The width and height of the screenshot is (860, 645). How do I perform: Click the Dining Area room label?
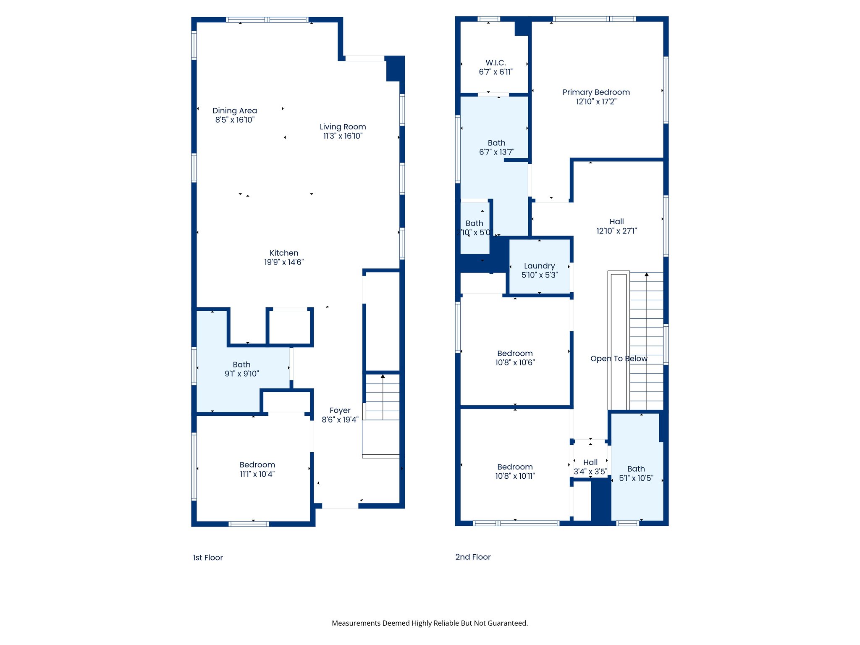pyautogui.click(x=234, y=111)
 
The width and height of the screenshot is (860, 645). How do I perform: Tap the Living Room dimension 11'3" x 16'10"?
pyautogui.click(x=343, y=136)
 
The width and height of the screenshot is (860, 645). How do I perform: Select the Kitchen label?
pyautogui.click(x=284, y=253)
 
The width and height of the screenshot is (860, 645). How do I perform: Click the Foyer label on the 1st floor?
pyautogui.click(x=340, y=410)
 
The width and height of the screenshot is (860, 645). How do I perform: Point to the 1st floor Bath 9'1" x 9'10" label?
pyautogui.click(x=241, y=364)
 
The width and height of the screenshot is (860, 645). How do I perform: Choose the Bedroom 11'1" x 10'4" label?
pyautogui.click(x=257, y=465)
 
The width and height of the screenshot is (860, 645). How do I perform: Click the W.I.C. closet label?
pyautogui.click(x=496, y=63)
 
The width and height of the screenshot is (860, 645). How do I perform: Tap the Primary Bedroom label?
pyautogui.click(x=596, y=92)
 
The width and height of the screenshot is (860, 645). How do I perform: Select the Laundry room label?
pyautogui.click(x=539, y=266)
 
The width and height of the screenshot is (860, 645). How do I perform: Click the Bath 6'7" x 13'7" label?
pyautogui.click(x=496, y=143)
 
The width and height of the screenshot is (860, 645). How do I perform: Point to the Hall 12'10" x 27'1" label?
pyautogui.click(x=616, y=221)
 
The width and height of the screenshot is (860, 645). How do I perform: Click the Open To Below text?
pyautogui.click(x=619, y=359)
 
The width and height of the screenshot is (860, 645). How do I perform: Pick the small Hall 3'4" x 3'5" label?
pyautogui.click(x=590, y=462)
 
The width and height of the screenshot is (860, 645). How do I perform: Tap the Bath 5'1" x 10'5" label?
pyautogui.click(x=636, y=469)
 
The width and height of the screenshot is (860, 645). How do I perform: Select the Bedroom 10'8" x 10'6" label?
pyautogui.click(x=515, y=354)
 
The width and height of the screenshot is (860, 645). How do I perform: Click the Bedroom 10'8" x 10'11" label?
pyautogui.click(x=515, y=467)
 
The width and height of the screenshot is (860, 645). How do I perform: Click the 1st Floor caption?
pyautogui.click(x=207, y=558)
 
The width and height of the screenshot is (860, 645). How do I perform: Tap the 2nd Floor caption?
pyautogui.click(x=473, y=557)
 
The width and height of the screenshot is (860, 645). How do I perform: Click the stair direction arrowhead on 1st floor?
pyautogui.click(x=383, y=376)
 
